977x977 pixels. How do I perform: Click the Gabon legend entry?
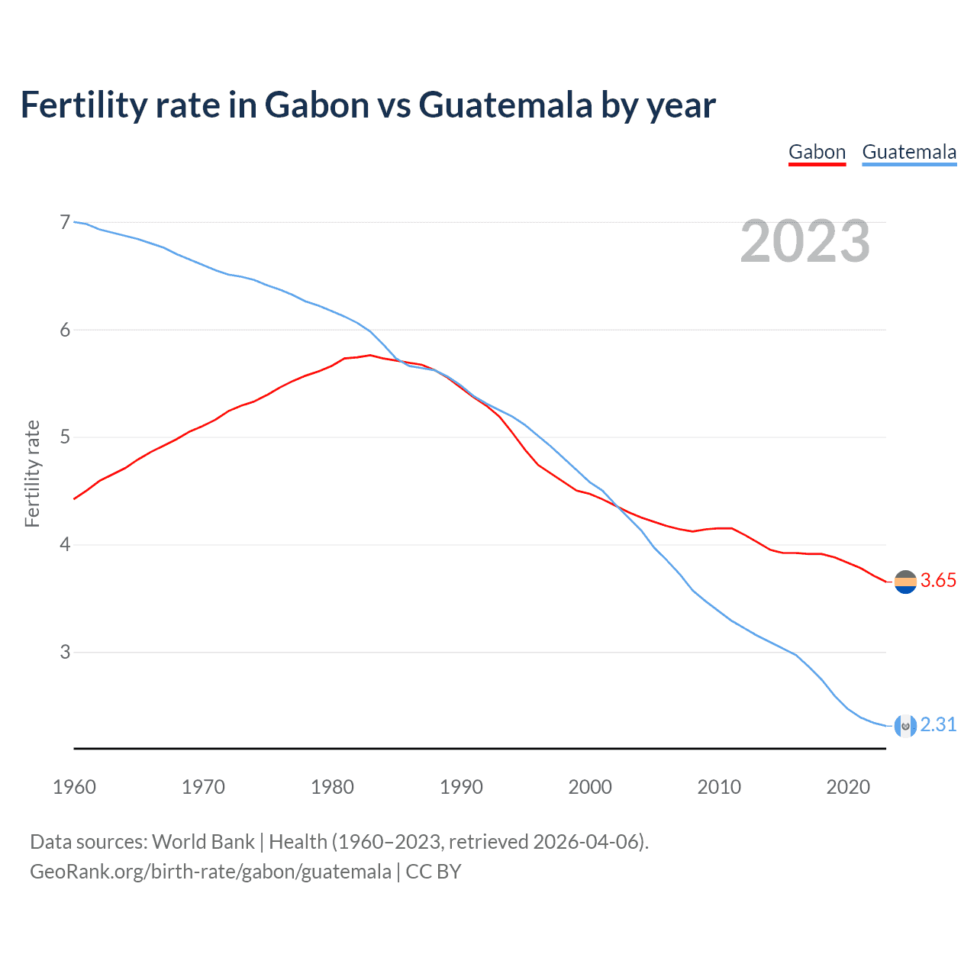tap(817, 152)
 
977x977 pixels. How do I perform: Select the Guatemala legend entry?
tap(909, 152)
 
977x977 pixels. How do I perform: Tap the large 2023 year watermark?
tap(804, 241)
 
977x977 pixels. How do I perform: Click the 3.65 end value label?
tap(938, 581)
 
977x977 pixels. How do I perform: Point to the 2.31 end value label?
tap(938, 724)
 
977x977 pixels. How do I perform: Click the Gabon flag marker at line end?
tap(905, 582)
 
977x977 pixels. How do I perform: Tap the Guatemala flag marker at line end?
tap(905, 726)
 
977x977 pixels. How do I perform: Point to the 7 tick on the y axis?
tap(65, 222)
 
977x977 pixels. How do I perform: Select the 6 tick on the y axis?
tap(65, 330)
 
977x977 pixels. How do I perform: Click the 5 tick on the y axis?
tap(65, 437)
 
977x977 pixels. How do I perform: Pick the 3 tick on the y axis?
tap(65, 652)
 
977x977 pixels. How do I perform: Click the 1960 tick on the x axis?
tap(74, 787)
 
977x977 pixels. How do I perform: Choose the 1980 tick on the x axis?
tap(332, 787)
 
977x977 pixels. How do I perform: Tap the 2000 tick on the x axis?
tap(590, 787)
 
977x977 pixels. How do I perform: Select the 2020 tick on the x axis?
tap(848, 787)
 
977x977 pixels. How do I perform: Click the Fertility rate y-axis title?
tap(32, 473)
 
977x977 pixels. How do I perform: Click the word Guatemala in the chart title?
tap(505, 105)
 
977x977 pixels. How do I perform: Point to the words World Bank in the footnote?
tap(203, 842)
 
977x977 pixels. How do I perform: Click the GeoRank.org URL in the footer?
tap(211, 872)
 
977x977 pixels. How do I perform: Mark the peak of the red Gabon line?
tap(370, 355)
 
